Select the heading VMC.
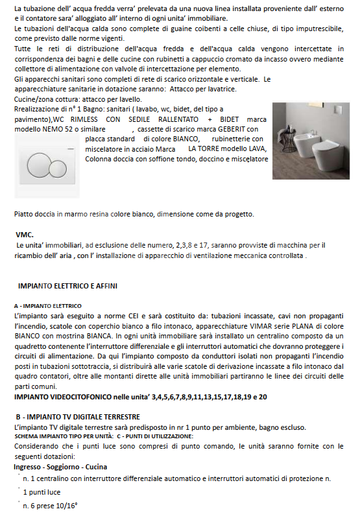[x=25, y=235]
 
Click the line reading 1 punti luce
[x=42, y=492]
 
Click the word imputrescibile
[x=294, y=30]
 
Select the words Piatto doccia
[x=34, y=214]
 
